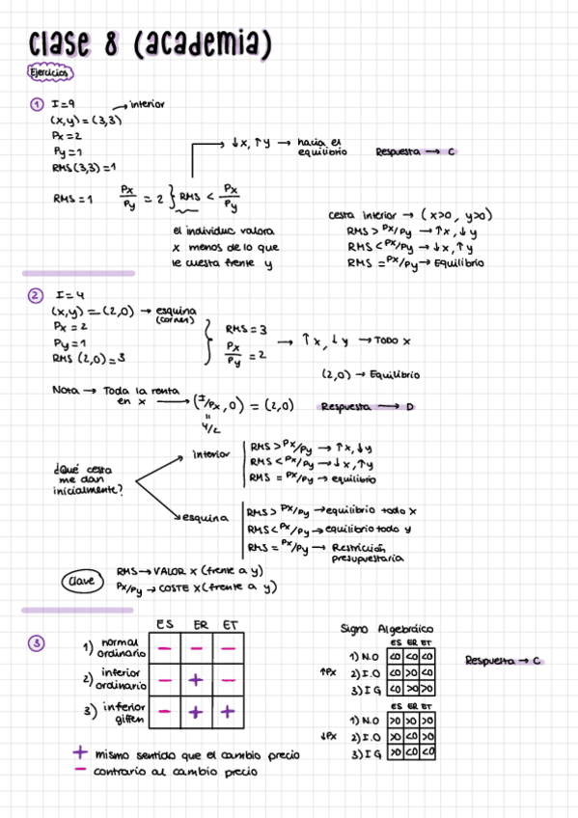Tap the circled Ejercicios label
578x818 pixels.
[x=48, y=73]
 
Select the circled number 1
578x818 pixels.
[x=36, y=105]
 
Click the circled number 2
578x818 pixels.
[x=36, y=296]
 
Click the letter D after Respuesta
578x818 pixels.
[x=409, y=407]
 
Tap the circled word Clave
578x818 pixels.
[x=79, y=582]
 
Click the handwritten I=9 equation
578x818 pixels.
[x=64, y=105]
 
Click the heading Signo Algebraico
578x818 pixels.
[x=386, y=628]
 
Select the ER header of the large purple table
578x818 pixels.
[x=201, y=625]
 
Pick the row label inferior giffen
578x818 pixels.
[x=123, y=714]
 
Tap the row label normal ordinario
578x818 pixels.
[x=121, y=648]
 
